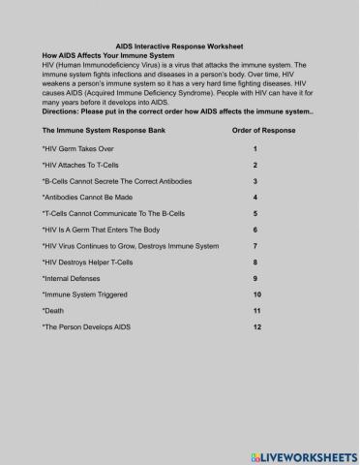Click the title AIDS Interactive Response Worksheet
click(x=179, y=46)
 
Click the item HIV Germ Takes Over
click(x=76, y=150)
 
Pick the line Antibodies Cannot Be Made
click(x=88, y=198)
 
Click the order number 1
click(x=255, y=150)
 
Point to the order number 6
click(x=255, y=230)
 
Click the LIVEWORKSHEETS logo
click(x=302, y=453)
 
